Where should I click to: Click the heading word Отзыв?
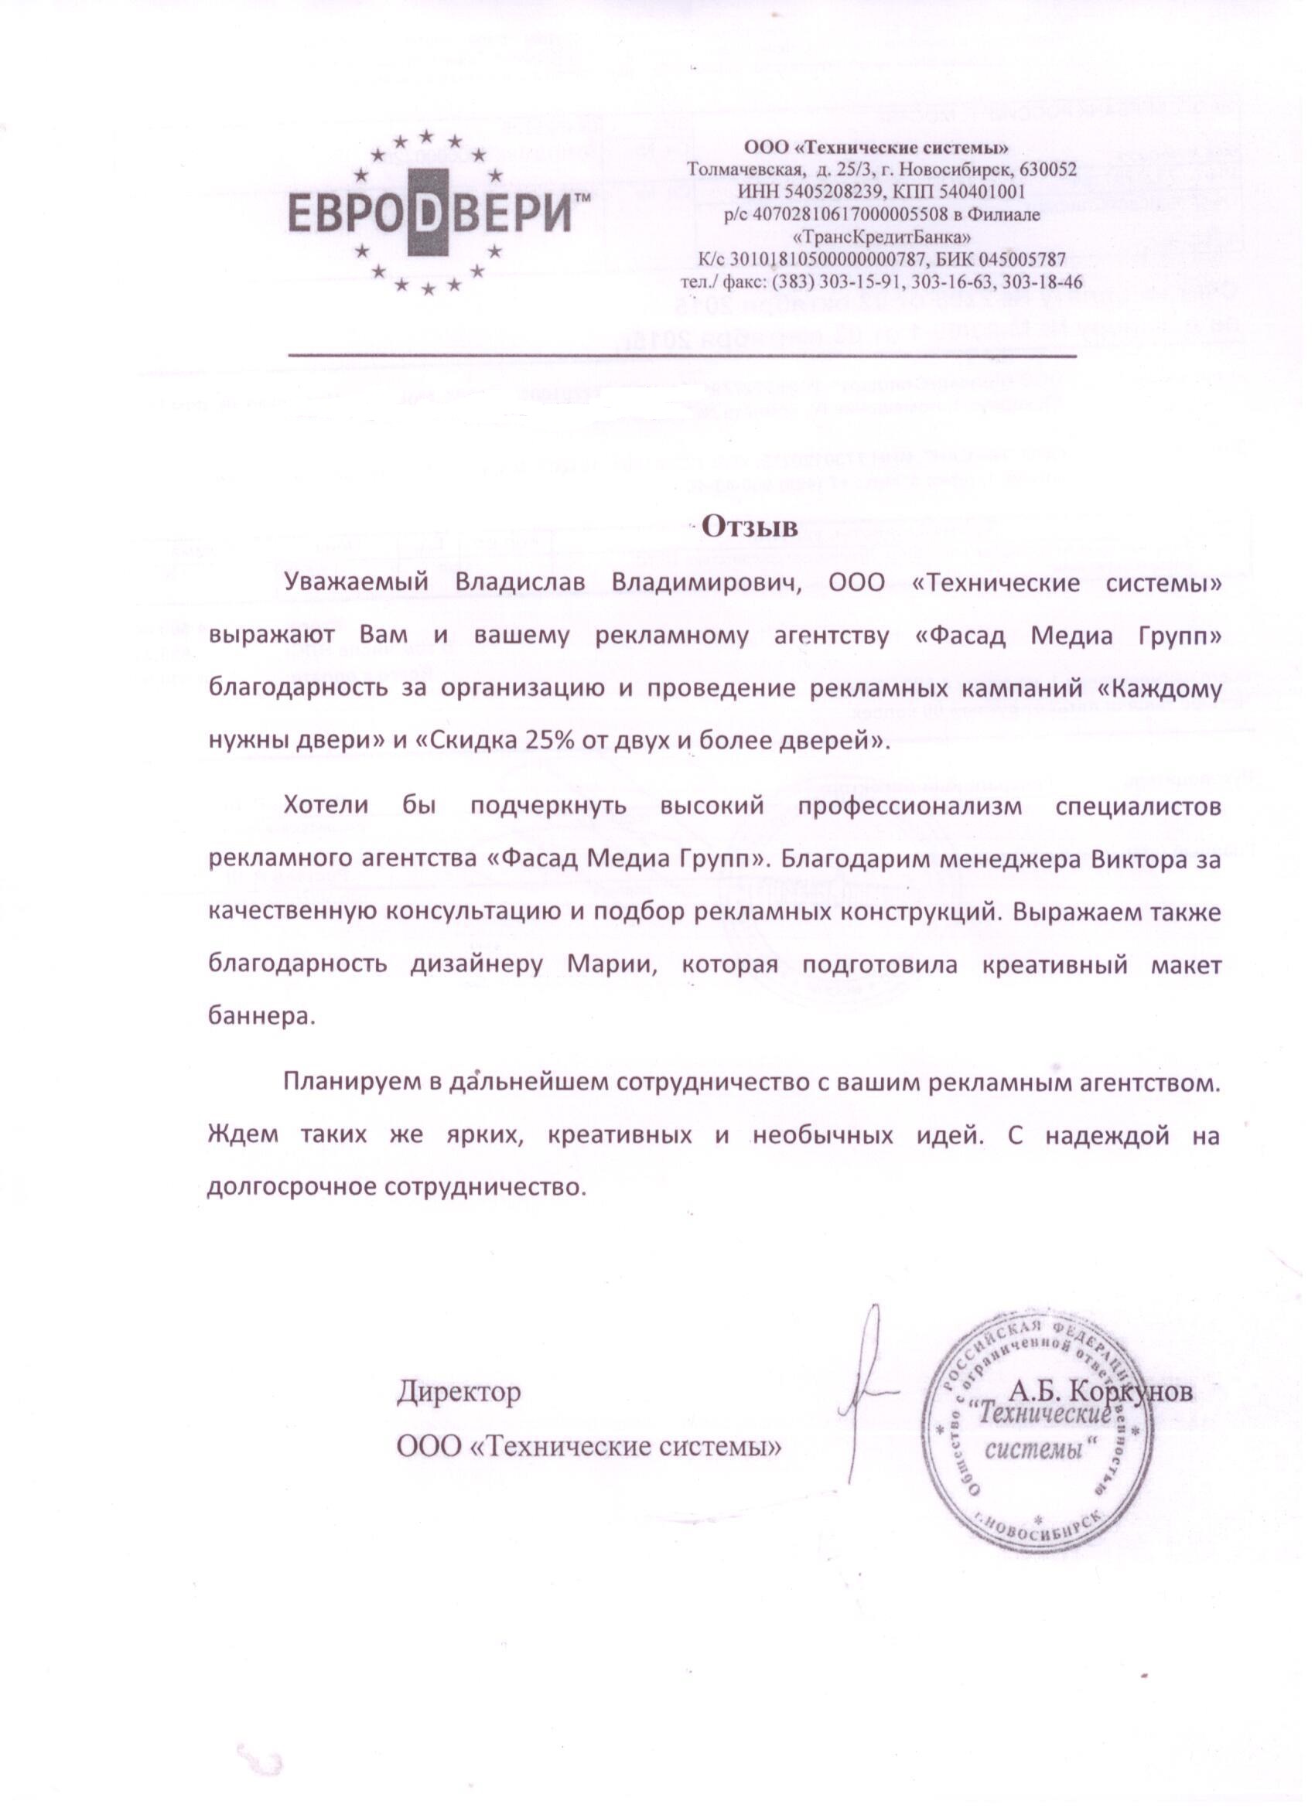point(749,526)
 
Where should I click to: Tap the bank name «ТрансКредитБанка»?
point(882,237)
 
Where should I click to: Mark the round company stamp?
point(1037,1431)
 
